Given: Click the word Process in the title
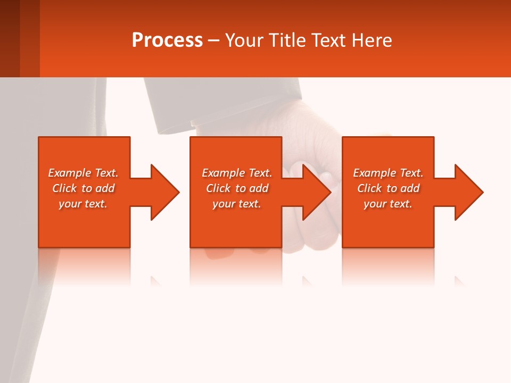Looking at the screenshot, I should tap(167, 40).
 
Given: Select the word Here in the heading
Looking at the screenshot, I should tap(371, 40).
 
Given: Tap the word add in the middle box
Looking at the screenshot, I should tap(259, 188).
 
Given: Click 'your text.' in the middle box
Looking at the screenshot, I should tap(236, 204).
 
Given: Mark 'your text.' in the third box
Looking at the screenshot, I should tap(388, 204).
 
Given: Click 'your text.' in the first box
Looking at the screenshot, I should tap(83, 204).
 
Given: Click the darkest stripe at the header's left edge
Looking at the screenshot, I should tap(10, 38).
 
